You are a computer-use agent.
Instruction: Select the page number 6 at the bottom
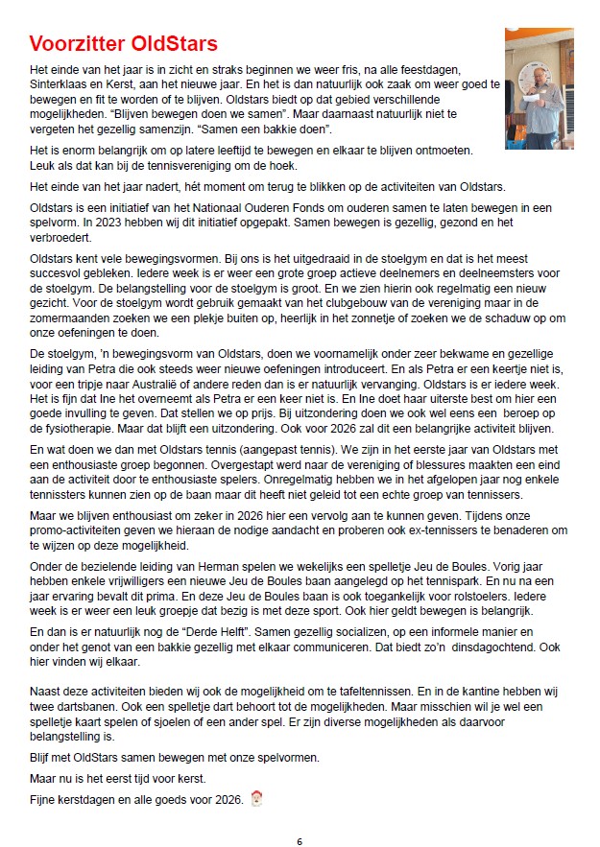tap(300, 840)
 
